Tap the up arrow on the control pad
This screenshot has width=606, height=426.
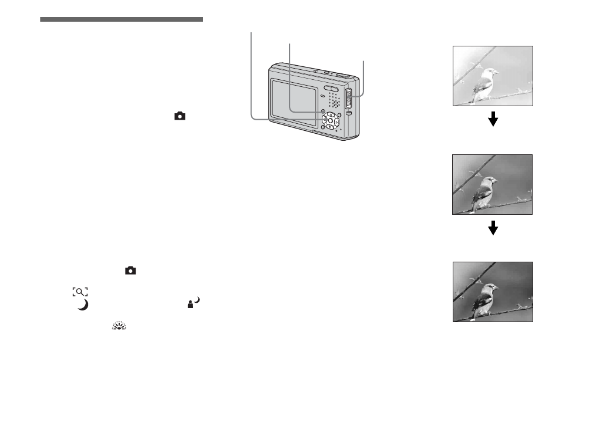click(330, 114)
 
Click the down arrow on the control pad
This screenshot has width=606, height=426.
click(331, 127)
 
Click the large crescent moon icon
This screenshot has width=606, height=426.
click(83, 305)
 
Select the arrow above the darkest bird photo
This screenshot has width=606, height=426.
click(493, 228)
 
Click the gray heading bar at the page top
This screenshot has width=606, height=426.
click(122, 20)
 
